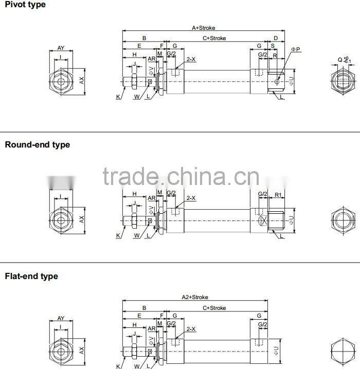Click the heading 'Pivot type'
[x=25, y=5]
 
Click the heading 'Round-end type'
[x=38, y=145]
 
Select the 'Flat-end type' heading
[x=31, y=276]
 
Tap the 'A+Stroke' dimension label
[x=203, y=28]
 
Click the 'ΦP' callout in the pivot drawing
[x=296, y=49]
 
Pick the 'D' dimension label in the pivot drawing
[x=276, y=38]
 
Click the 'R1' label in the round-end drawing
[x=277, y=195]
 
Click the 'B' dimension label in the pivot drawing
[x=144, y=38]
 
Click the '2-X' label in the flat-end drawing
[x=191, y=328]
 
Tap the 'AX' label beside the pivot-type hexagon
[x=81, y=80]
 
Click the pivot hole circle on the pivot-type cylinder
[x=277, y=81]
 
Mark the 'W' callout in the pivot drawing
[x=137, y=97]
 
